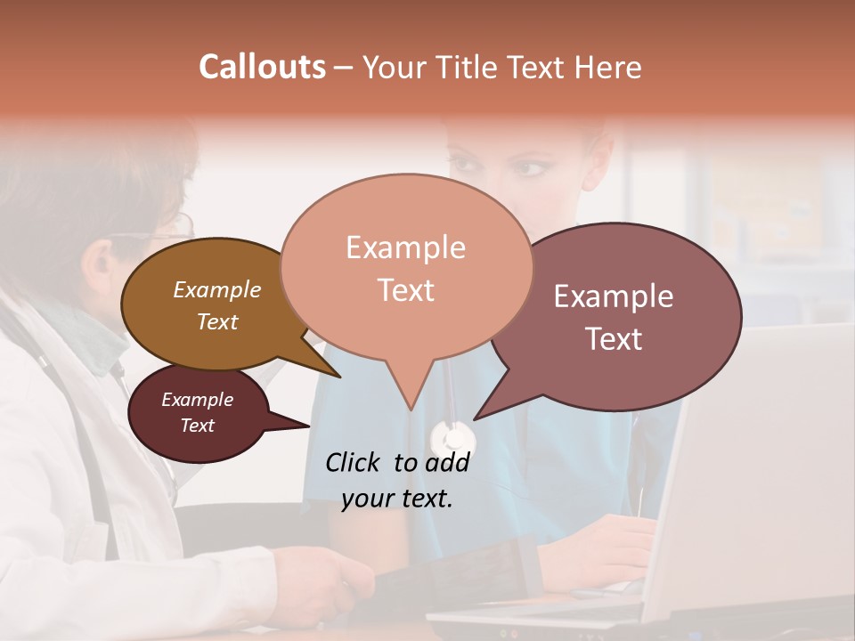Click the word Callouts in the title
(x=262, y=67)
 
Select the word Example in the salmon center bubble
(x=405, y=247)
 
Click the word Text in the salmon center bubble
(x=405, y=290)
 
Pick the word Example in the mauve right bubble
(x=614, y=296)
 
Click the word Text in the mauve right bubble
(x=614, y=339)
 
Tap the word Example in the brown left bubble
(x=216, y=289)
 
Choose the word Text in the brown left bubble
(x=216, y=321)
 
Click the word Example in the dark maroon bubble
(x=197, y=400)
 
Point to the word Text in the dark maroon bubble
(x=197, y=426)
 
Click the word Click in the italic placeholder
(x=354, y=462)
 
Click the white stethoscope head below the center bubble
(x=452, y=438)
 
